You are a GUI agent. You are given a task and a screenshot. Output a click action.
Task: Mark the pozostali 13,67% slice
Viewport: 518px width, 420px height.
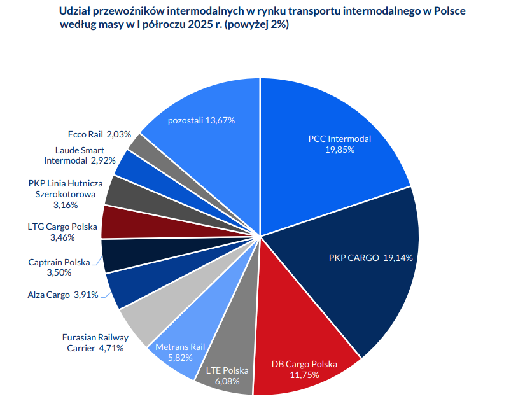204,121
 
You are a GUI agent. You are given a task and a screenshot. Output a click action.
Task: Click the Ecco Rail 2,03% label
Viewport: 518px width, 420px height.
99,134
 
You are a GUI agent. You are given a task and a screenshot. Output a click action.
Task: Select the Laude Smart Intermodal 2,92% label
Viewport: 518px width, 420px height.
80,155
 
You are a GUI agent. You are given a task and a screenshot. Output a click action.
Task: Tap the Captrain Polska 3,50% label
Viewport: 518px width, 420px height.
59,267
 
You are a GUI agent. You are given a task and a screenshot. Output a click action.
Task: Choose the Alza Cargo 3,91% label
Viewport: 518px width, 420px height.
63,295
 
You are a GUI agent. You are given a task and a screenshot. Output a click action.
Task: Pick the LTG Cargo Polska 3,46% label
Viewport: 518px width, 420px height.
62,232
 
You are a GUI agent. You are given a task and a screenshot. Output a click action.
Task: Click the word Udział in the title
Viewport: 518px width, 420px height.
74,12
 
